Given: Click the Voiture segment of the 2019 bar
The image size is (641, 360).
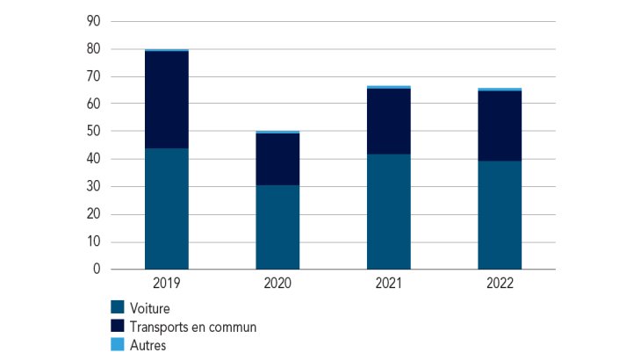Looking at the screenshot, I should click(167, 208).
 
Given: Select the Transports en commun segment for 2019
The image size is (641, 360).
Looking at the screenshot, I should click(167, 100).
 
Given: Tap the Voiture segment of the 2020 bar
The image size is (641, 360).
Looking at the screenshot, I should click(277, 227).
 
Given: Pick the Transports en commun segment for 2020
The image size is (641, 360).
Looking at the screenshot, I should click(277, 159).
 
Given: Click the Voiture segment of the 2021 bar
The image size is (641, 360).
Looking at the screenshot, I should click(389, 212).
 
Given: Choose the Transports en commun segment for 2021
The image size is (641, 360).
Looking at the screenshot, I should click(389, 121).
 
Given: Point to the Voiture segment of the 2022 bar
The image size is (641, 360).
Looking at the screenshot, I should click(500, 215).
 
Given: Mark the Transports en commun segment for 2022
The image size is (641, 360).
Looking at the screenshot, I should click(500, 126).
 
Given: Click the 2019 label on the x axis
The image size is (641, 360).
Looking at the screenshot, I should click(167, 284).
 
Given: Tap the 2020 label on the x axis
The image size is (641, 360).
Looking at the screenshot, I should click(277, 284).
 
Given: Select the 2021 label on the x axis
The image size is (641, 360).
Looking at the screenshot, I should click(389, 284).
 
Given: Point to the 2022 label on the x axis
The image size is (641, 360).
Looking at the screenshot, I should click(500, 284).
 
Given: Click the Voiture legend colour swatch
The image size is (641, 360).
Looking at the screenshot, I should click(117, 308).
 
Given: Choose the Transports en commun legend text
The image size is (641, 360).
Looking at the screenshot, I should click(192, 327).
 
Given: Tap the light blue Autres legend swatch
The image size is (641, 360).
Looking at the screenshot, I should click(117, 345).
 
